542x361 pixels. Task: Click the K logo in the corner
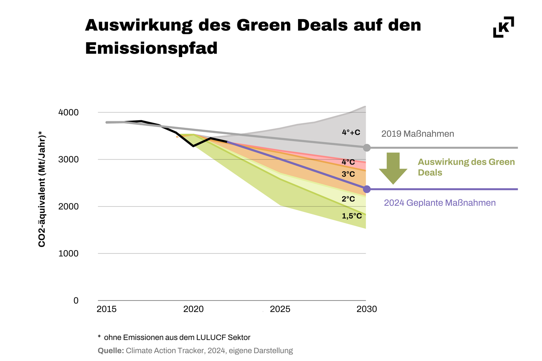(503, 27)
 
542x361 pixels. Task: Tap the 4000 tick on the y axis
(68, 113)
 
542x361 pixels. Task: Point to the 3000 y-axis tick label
(68, 160)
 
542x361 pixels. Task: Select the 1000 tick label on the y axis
(68, 253)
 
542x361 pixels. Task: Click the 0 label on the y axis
(76, 301)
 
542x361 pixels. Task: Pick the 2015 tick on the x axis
(107, 309)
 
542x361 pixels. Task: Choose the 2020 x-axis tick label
(193, 309)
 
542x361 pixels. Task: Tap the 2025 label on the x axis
(280, 309)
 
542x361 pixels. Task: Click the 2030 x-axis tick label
(367, 309)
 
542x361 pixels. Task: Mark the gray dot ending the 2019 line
(367, 148)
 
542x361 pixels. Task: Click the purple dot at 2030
(367, 189)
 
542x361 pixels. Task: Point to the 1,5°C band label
(352, 216)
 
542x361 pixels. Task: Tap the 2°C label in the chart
(348, 199)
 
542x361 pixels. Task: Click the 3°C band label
(348, 174)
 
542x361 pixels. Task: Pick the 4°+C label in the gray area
(351, 132)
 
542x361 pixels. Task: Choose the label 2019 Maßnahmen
(418, 134)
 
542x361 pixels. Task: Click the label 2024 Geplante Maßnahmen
(440, 203)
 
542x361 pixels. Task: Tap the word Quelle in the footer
(111, 351)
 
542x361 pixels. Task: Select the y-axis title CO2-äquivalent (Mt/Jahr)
(42, 190)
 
